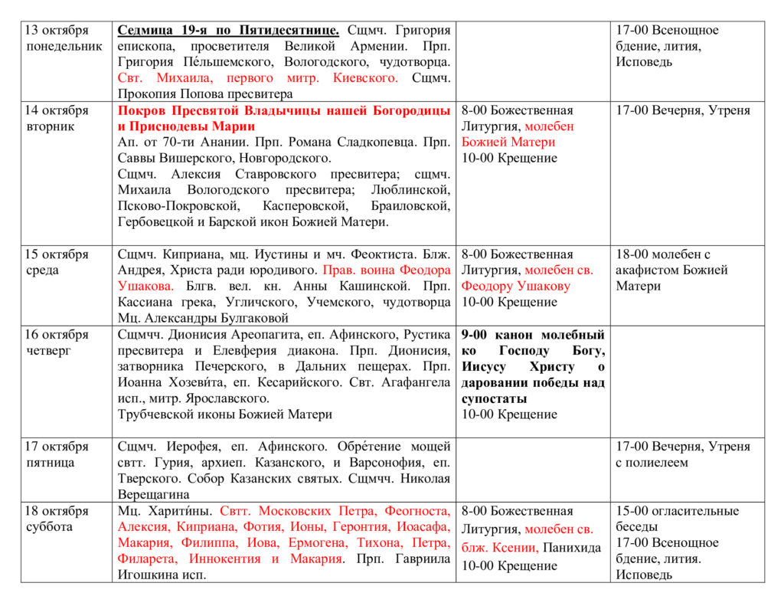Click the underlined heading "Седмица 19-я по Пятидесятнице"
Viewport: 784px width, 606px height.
[228, 31]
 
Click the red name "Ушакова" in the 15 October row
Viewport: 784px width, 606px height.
[142, 287]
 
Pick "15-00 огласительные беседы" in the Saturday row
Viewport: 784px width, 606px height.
[677, 519]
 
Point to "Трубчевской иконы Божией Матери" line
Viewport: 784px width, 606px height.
[225, 414]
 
